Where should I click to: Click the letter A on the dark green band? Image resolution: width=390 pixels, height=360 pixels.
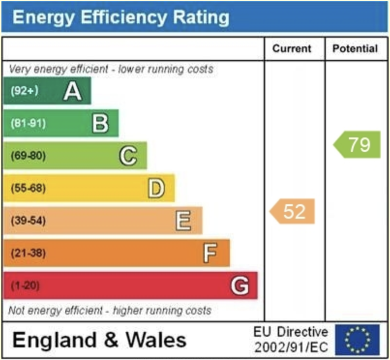(73, 91)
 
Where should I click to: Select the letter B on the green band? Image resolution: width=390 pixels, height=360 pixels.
(100, 123)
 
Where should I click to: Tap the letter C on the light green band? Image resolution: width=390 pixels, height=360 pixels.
(128, 156)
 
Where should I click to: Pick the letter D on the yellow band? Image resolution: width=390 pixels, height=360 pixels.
(156, 189)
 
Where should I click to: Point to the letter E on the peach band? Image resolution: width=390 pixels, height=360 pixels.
(183, 221)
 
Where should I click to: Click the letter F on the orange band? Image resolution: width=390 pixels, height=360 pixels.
(210, 253)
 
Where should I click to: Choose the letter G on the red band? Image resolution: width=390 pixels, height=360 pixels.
(240, 286)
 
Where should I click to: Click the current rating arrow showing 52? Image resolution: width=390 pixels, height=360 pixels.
(293, 211)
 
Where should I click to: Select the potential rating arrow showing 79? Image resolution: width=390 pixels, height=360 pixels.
(358, 144)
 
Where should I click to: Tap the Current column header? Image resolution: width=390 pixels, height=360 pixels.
(292, 49)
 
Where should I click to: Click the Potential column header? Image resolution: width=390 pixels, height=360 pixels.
(355, 49)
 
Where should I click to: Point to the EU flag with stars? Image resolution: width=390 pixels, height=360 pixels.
(357, 338)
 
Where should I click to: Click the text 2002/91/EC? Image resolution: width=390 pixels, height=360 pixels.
(291, 346)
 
